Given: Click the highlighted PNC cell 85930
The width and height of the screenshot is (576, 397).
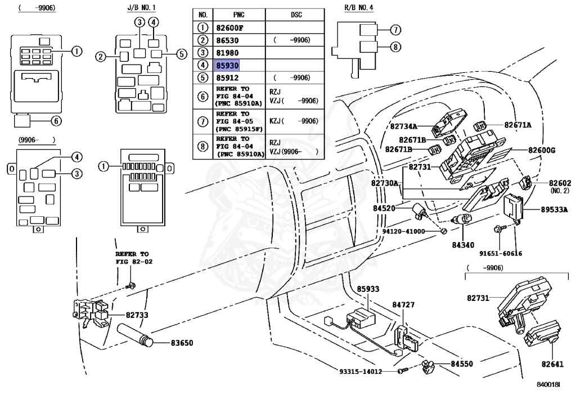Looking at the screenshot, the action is pyautogui.click(x=227, y=65).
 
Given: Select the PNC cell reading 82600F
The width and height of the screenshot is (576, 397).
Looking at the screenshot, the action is pyautogui.click(x=229, y=28).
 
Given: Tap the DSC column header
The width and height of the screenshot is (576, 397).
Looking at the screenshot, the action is pyautogui.click(x=296, y=15).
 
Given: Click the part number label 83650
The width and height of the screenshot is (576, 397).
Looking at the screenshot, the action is pyautogui.click(x=182, y=343).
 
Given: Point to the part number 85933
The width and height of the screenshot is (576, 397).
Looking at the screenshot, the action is pyautogui.click(x=368, y=289).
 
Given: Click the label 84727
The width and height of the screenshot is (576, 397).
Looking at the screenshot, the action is pyautogui.click(x=403, y=304).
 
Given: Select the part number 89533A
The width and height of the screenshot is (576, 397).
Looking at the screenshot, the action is pyautogui.click(x=554, y=209).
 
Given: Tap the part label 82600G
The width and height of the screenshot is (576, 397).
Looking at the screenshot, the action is pyautogui.click(x=542, y=150).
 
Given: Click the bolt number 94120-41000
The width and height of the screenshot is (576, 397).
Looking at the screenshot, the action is pyautogui.click(x=403, y=231).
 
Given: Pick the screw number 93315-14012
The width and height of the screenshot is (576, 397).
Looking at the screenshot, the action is pyautogui.click(x=361, y=371).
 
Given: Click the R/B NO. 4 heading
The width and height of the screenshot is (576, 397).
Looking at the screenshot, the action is pyautogui.click(x=359, y=7).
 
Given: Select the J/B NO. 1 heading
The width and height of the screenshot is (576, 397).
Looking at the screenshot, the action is pyautogui.click(x=141, y=7).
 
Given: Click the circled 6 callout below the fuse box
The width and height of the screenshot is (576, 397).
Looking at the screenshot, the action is pyautogui.click(x=56, y=121).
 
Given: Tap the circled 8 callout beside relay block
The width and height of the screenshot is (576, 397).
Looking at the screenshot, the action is pyautogui.click(x=395, y=47).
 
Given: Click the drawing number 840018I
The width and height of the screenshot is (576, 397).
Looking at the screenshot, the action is pyautogui.click(x=548, y=385).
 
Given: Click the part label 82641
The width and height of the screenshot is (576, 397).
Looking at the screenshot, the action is pyautogui.click(x=552, y=364).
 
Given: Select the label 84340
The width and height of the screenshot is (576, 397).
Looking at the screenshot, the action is pyautogui.click(x=463, y=244).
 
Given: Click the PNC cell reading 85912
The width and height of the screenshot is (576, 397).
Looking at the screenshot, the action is pyautogui.click(x=227, y=77).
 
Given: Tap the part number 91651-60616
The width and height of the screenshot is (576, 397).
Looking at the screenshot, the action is pyautogui.click(x=500, y=253).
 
